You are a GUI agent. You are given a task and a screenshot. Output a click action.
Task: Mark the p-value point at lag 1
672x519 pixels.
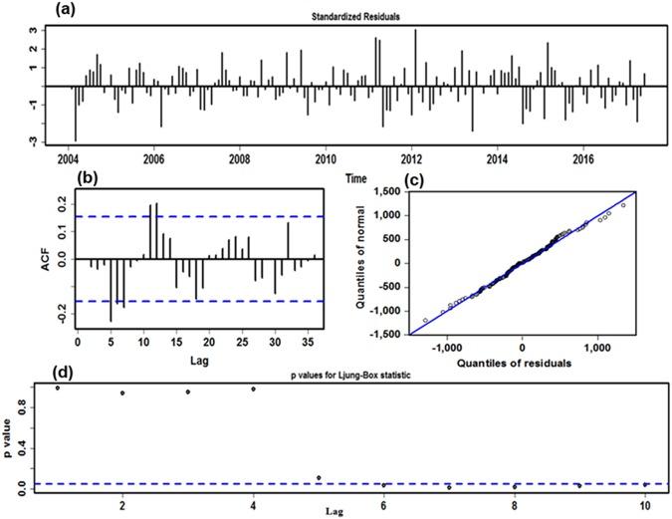click(x=58, y=388)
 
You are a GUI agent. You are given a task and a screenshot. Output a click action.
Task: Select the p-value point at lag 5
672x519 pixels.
click(x=319, y=478)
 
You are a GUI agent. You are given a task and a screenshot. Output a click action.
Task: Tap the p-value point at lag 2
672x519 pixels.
click(x=122, y=392)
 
